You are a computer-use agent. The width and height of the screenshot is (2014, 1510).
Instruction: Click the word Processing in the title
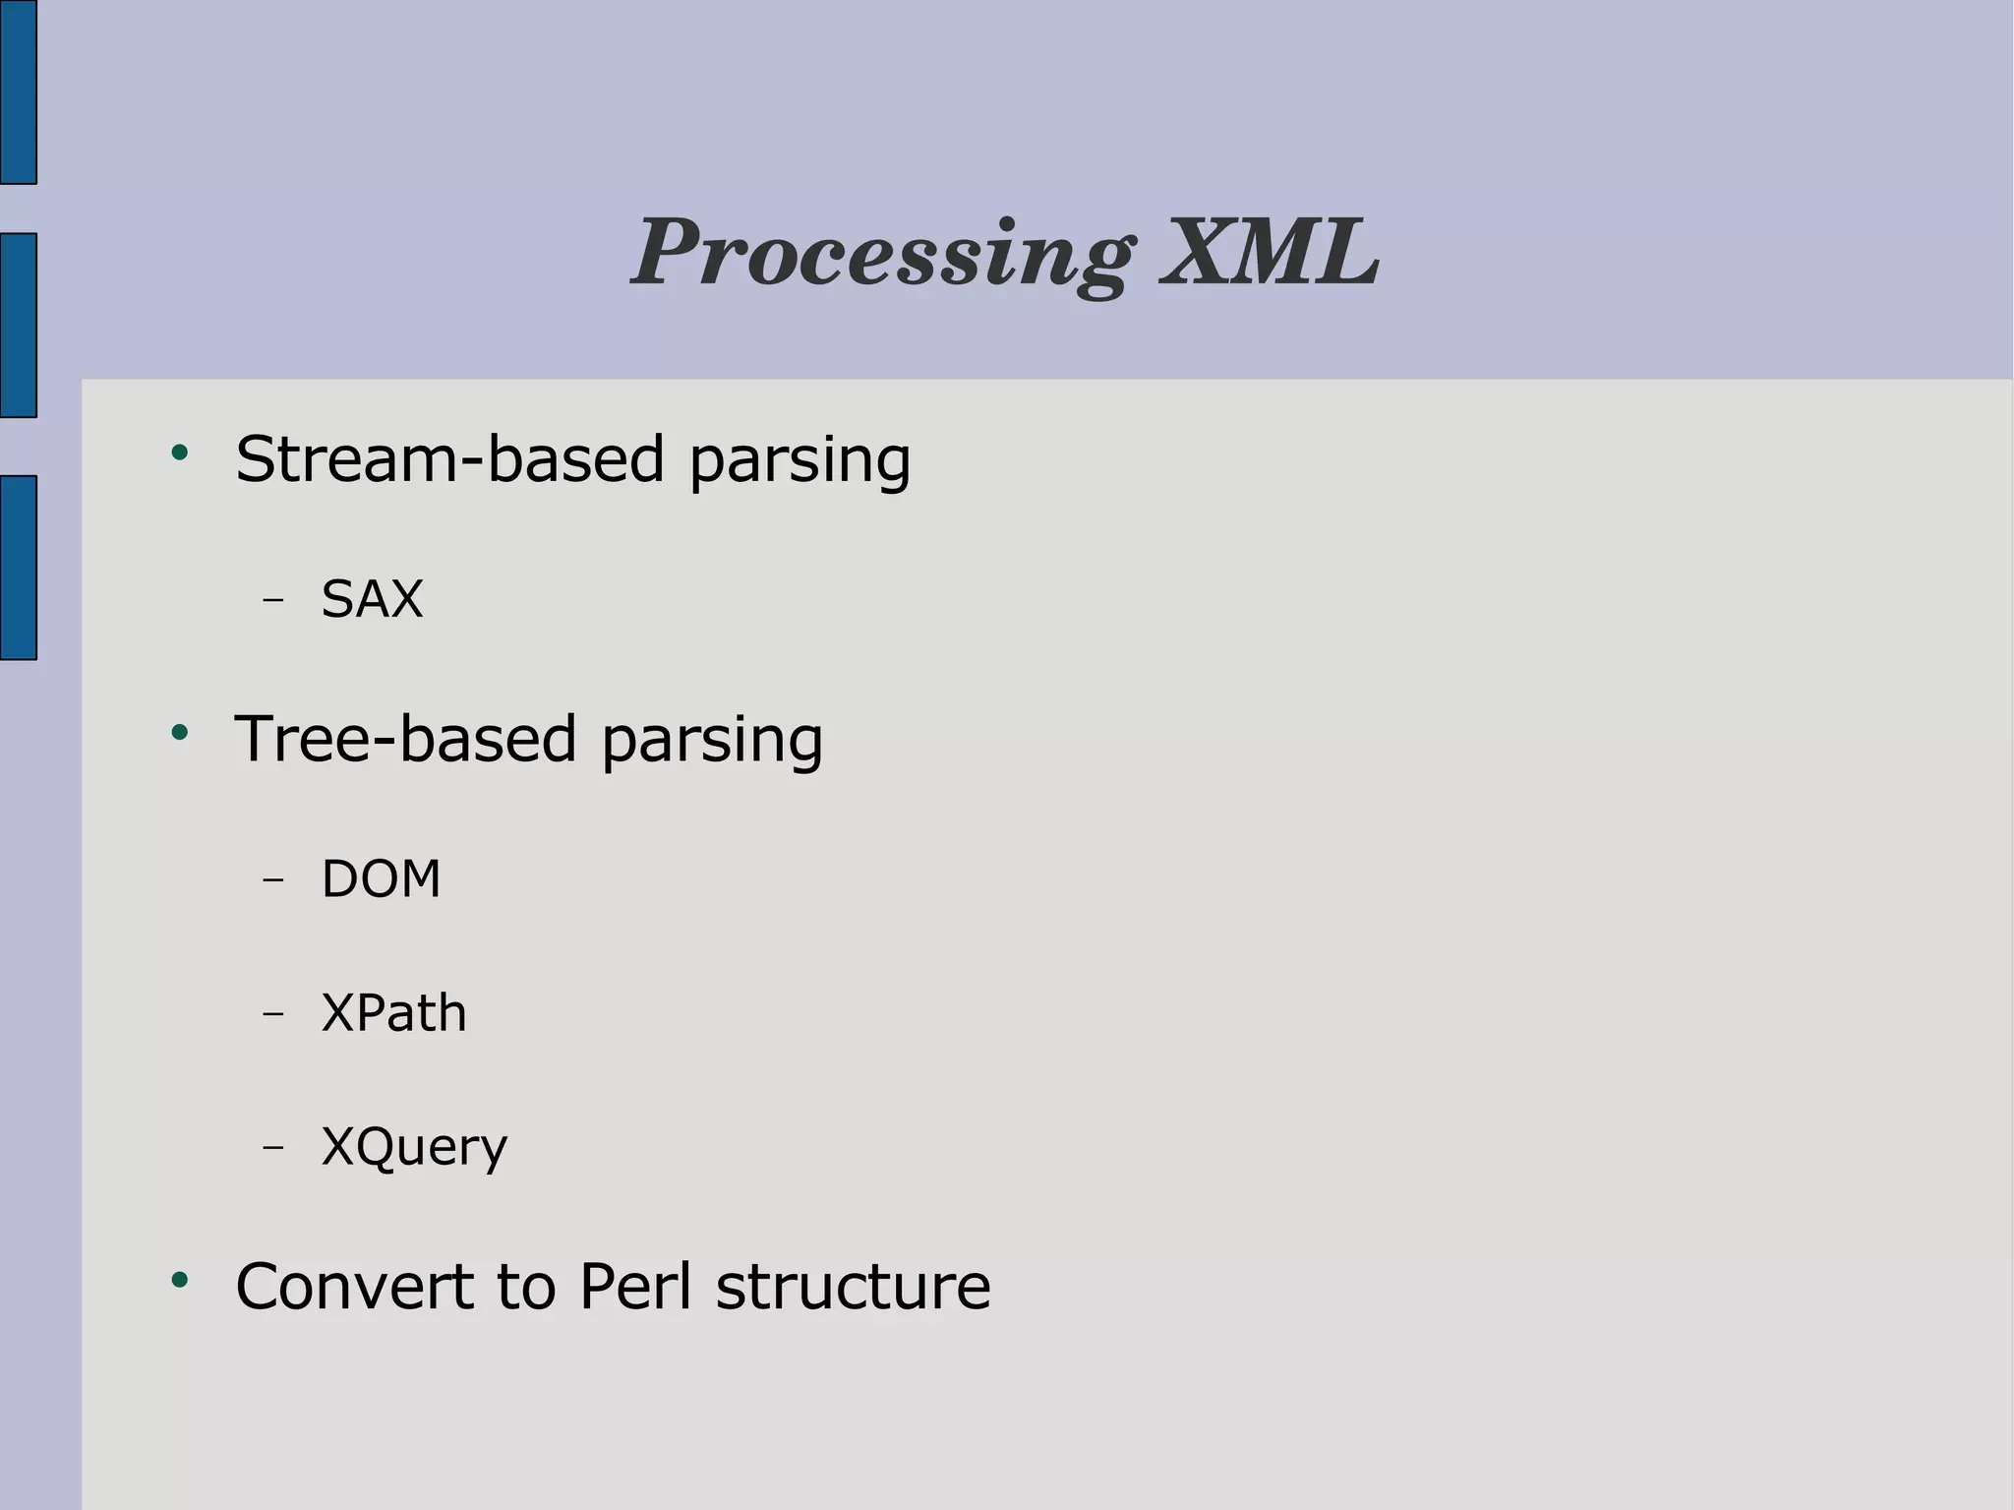click(882, 254)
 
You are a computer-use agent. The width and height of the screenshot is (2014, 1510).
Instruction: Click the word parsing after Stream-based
click(800, 460)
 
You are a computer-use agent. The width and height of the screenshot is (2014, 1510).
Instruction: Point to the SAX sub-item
click(372, 598)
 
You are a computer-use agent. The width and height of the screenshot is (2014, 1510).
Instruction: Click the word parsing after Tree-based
click(712, 741)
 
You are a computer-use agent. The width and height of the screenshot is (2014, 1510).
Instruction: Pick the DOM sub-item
click(381, 878)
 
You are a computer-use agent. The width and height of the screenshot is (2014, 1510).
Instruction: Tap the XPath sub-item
click(393, 1012)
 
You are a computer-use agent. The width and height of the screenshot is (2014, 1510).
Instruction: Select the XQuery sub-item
click(414, 1147)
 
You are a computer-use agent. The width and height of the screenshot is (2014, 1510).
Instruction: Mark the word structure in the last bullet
click(853, 1286)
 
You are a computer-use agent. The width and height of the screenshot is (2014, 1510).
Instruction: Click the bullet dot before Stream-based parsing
click(179, 453)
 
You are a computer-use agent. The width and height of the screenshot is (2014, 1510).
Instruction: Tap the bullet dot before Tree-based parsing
click(179, 732)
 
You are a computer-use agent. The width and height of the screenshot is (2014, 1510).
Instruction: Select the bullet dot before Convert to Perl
click(179, 1280)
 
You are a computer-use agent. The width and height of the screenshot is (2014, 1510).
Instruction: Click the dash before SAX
click(273, 599)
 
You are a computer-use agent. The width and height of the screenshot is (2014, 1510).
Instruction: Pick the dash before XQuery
click(273, 1147)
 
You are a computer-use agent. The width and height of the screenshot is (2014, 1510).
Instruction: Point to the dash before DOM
click(273, 878)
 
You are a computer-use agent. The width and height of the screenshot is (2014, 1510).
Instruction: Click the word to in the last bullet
click(526, 1286)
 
